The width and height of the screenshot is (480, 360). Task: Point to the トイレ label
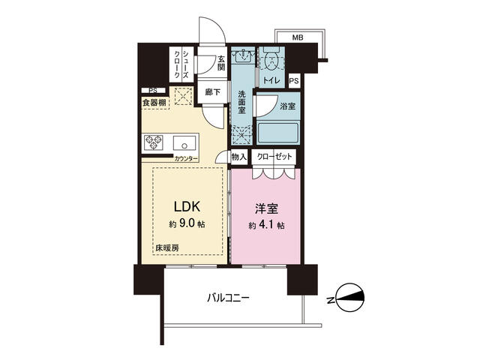click(271, 80)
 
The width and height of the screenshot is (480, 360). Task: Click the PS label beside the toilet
click(294, 80)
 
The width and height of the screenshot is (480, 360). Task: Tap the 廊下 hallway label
click(212, 92)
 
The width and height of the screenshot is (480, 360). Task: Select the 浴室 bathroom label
click(287, 106)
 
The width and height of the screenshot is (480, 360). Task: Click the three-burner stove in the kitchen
click(154, 142)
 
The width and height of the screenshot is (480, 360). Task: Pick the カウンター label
click(186, 159)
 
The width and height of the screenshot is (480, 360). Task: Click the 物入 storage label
click(238, 157)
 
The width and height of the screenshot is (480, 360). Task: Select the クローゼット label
click(274, 157)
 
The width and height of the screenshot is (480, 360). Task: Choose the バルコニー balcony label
click(229, 298)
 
